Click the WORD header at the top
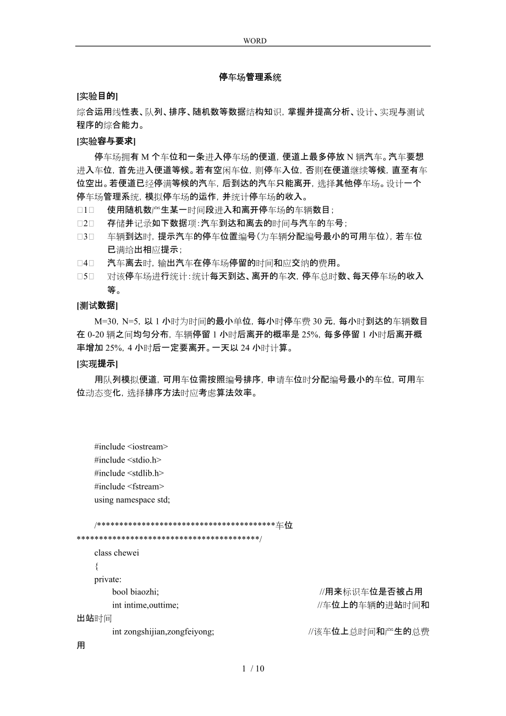pos(255,41)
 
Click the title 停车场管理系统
pos(250,78)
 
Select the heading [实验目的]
pos(97,96)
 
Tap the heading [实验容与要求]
pos(106,141)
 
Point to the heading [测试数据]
pos(97,306)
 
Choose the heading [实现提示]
pos(97,364)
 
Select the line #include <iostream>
pos(131,447)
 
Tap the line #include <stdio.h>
pos(128,460)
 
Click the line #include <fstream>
pos(129,486)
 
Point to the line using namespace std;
pos(132,499)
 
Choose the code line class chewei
pos(117,553)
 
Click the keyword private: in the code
pos(108,579)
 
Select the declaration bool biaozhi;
pos(135,592)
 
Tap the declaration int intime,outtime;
pos(145,605)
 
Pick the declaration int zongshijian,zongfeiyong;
pos(163,632)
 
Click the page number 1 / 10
pos(254,669)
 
